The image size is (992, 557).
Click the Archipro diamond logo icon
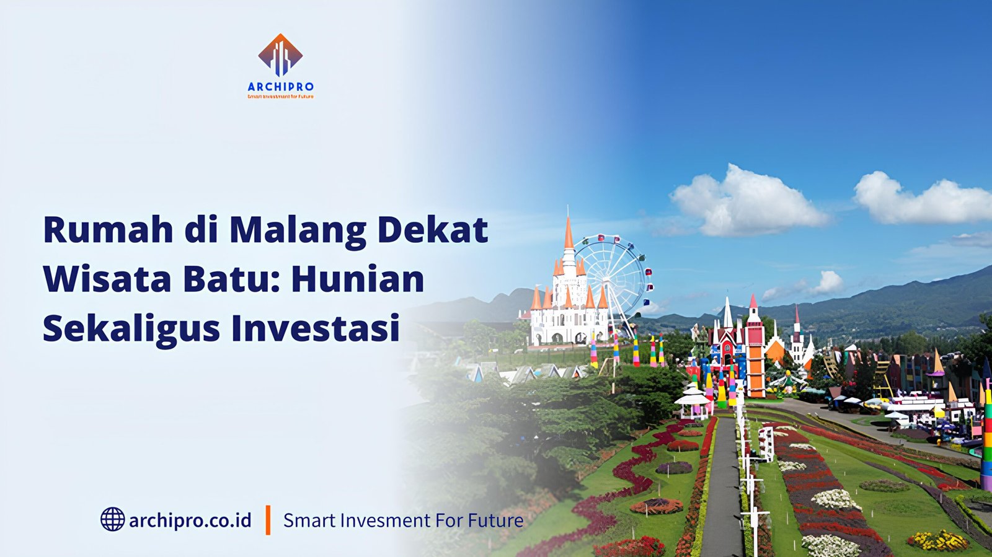pos(280,55)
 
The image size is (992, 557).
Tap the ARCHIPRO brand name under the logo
pos(280,87)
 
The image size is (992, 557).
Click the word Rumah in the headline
pos(108,229)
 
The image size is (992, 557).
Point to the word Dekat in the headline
pos(432,229)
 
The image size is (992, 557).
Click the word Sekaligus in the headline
pos(131,329)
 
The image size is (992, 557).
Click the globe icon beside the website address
pos(112,519)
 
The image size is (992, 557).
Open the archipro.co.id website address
pos(190,520)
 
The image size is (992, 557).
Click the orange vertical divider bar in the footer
pos(268,519)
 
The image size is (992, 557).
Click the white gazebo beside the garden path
pos(692,400)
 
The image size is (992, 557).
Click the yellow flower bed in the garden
pos(937,541)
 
